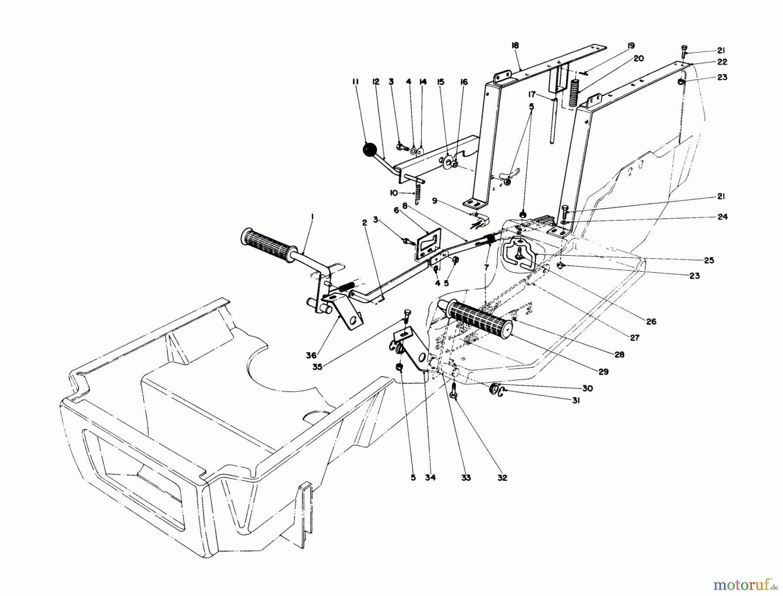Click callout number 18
[x=515, y=46]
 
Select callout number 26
[x=651, y=322]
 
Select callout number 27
[x=635, y=337]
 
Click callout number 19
[x=631, y=46]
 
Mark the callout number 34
[x=430, y=478]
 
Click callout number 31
[x=576, y=401]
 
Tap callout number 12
[x=376, y=81]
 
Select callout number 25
[x=709, y=260]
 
